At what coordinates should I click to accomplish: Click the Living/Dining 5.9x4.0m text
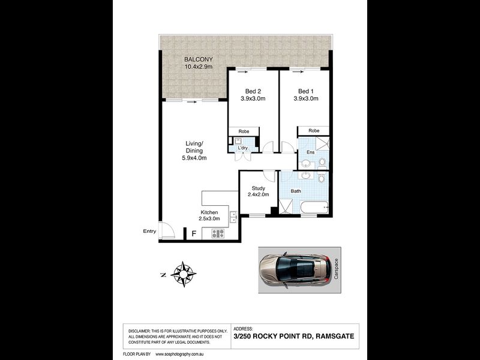(x=194, y=150)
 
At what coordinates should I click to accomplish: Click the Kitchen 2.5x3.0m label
(x=214, y=216)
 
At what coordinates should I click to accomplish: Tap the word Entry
(x=149, y=231)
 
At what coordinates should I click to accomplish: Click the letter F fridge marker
(x=193, y=234)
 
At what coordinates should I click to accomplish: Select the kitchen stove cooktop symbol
(x=217, y=233)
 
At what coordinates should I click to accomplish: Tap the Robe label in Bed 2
(x=244, y=131)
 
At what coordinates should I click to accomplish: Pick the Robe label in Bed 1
(x=313, y=131)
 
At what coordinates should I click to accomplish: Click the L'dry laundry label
(x=243, y=148)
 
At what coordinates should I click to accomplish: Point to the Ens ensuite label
(x=310, y=153)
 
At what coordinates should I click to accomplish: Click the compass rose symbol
(x=184, y=274)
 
